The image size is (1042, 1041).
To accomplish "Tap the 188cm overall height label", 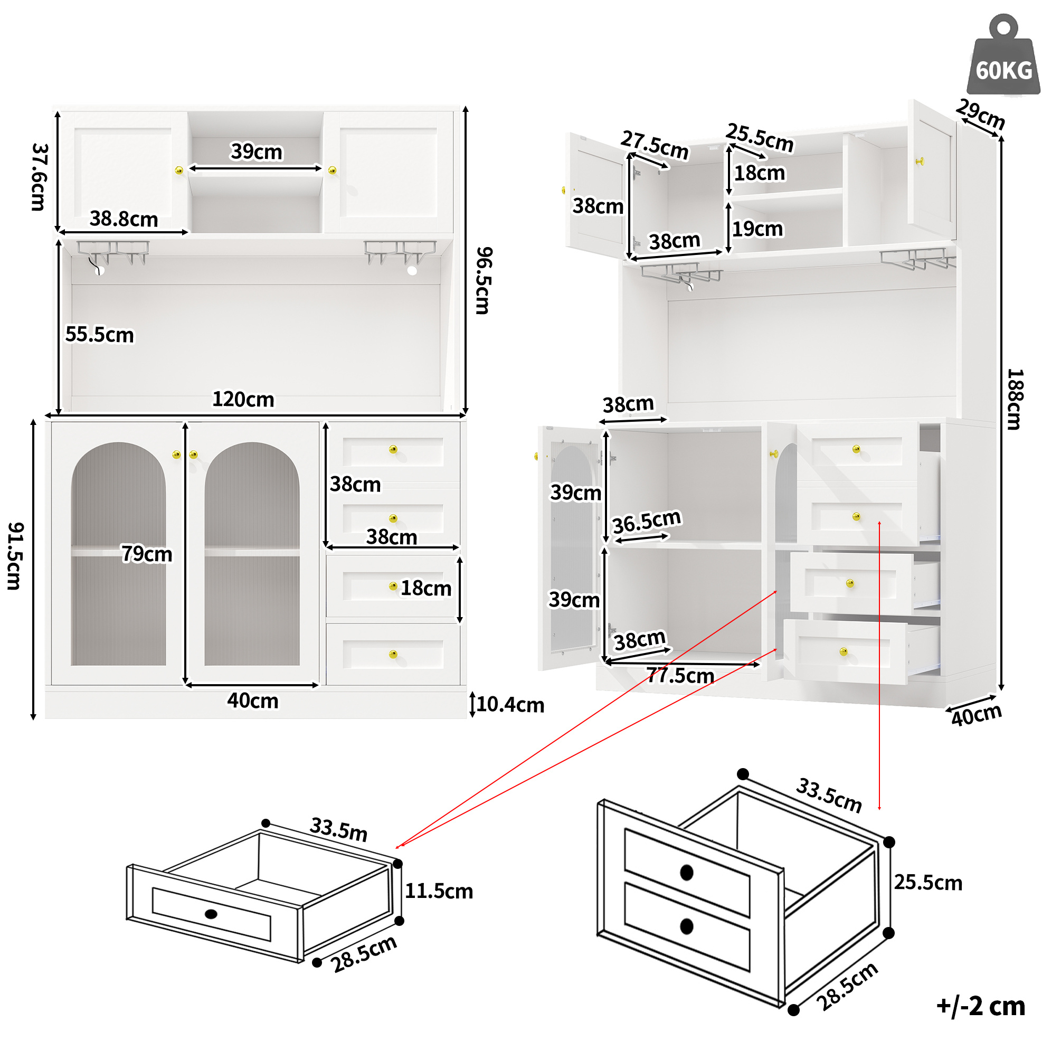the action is coord(1015,399).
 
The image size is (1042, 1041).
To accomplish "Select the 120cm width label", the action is coord(243,399).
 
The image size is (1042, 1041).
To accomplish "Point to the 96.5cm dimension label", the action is coord(484,280).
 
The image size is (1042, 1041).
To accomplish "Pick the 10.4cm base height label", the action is coord(510,704).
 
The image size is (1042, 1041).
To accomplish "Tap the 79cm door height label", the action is coord(147,553).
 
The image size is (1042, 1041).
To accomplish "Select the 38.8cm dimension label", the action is coord(124,219).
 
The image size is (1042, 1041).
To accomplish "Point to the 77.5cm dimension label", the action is coord(680,675).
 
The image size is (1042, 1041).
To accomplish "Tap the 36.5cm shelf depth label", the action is coord(647,521).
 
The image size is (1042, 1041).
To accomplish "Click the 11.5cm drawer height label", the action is coord(439,891).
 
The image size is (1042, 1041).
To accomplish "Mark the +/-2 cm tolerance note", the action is coord(981,1007).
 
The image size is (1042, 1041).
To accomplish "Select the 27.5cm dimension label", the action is coord(654,145).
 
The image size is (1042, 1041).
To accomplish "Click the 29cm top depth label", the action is coord(981,115).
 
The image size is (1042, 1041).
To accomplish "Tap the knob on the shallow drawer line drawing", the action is coord(211,914).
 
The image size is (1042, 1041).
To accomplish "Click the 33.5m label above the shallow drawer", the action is coord(339,829).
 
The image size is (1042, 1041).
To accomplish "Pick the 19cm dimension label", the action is coord(757,229).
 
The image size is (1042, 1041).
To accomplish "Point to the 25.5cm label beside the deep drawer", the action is coord(928,883).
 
